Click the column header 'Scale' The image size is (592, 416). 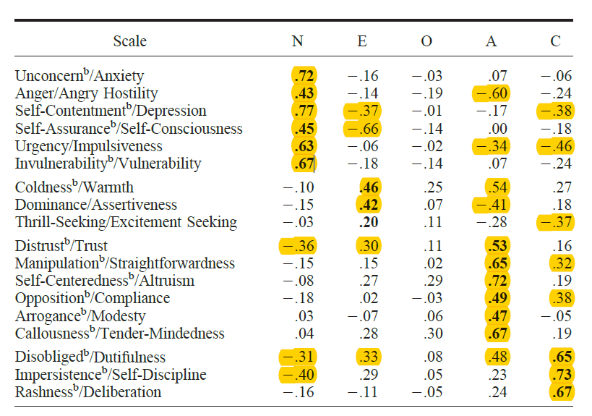(129, 41)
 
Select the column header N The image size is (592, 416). (297, 41)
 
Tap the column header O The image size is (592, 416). (426, 41)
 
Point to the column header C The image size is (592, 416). (555, 41)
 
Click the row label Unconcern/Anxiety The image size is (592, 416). (80, 75)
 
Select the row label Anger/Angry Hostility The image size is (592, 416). (86, 93)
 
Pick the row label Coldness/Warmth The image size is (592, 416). (74, 187)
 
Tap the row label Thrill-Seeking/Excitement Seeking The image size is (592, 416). (126, 222)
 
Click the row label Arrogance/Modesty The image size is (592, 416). (80, 316)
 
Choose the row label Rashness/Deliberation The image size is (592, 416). (88, 392)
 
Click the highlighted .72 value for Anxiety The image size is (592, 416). (304, 76)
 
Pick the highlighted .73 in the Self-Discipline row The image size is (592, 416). (560, 375)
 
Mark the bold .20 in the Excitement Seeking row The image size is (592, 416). (369, 222)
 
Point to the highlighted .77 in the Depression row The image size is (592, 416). (304, 111)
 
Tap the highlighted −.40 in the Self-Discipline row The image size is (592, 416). (297, 375)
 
